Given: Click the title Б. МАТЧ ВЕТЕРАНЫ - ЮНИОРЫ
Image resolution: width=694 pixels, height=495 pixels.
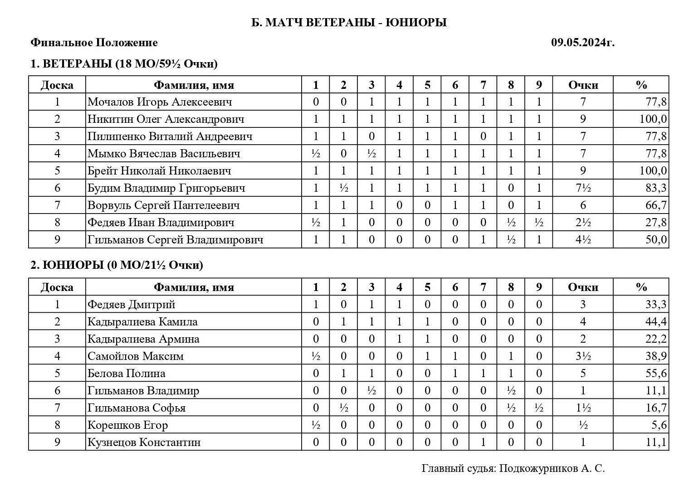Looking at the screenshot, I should (x=349, y=22).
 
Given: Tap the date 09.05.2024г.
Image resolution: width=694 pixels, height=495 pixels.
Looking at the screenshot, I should (x=583, y=43).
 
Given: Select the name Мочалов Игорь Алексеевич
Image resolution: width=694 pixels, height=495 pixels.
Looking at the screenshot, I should (x=160, y=102).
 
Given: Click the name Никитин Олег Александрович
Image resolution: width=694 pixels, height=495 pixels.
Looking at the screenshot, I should (x=166, y=119).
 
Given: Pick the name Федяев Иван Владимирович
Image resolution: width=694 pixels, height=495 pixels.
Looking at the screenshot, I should (x=161, y=223).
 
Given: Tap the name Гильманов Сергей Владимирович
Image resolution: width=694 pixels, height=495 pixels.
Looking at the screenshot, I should (x=175, y=240).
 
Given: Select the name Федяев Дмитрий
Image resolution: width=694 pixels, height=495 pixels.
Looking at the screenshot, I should (x=131, y=305).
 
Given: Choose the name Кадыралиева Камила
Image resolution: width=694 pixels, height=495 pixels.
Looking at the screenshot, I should (x=142, y=322).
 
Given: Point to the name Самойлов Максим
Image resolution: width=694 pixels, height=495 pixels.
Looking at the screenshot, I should (x=136, y=356).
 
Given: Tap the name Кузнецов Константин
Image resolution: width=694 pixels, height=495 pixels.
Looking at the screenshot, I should (x=144, y=442).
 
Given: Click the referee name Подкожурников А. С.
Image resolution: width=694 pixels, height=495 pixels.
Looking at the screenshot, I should (x=552, y=468).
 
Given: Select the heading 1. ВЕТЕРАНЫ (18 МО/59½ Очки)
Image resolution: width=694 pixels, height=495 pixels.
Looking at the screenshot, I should (x=124, y=64).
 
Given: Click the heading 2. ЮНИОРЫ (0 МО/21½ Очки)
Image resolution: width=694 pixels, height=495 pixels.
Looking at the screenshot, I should (x=117, y=265).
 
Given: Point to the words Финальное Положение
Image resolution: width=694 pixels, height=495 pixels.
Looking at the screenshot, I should (x=94, y=43).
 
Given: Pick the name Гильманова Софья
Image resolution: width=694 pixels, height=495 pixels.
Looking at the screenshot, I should (x=137, y=408).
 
